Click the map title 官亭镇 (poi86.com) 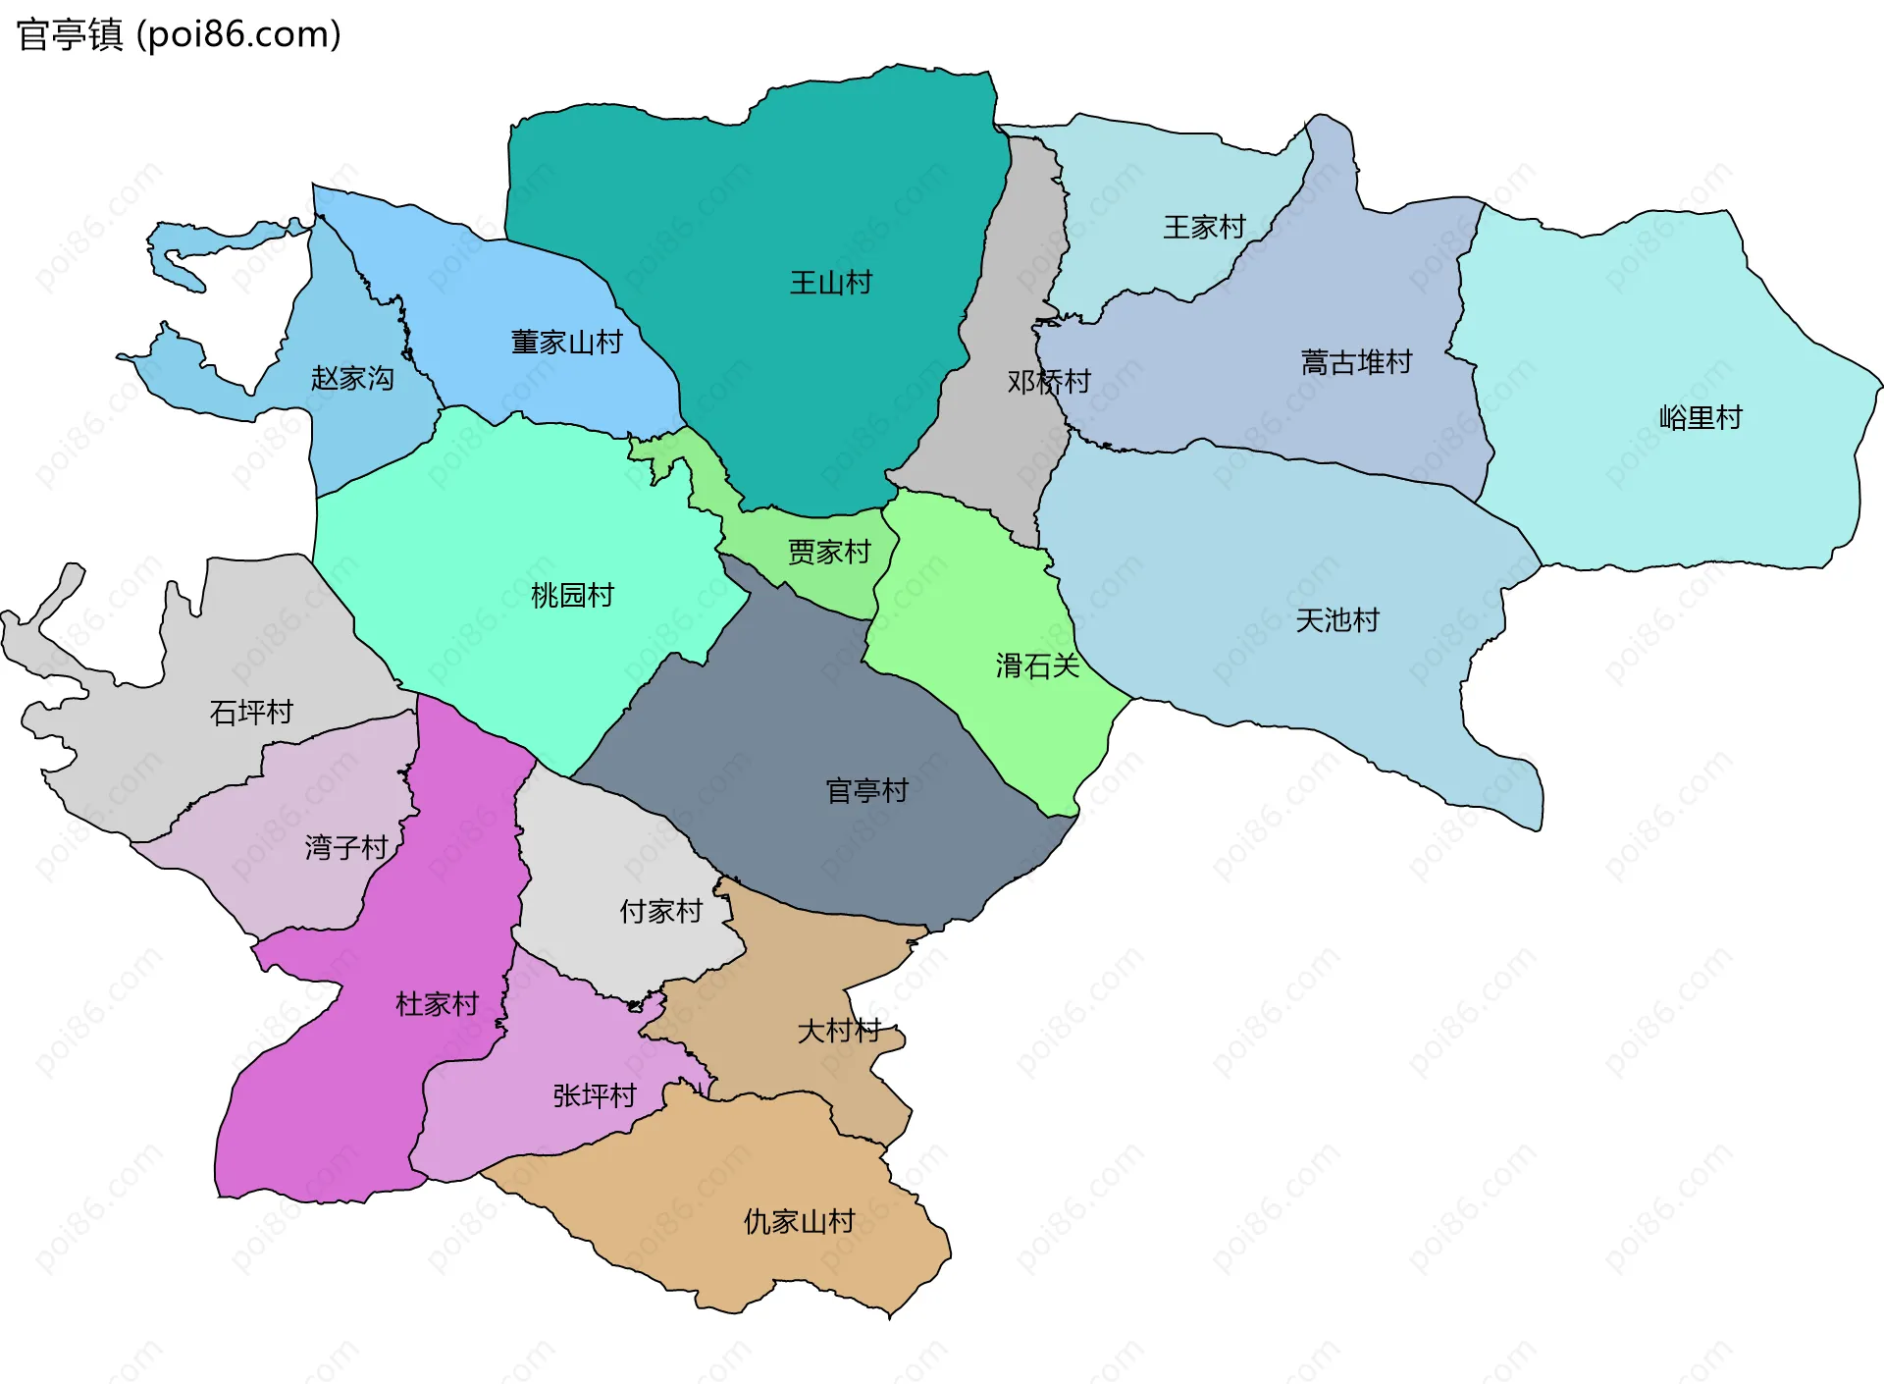179,34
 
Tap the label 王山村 831,283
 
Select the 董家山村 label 566,342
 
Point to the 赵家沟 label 352,378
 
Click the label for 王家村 1204,227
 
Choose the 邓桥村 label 1049,381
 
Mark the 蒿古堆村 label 1356,362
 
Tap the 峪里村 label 1701,417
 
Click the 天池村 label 1337,619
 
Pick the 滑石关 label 1037,665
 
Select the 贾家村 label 829,552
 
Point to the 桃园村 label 572,595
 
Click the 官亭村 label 867,790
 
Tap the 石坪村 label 251,712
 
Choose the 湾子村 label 346,846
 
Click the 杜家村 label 437,1003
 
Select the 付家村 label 661,911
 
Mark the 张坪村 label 595,1094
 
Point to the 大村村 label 839,1031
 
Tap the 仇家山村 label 799,1221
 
